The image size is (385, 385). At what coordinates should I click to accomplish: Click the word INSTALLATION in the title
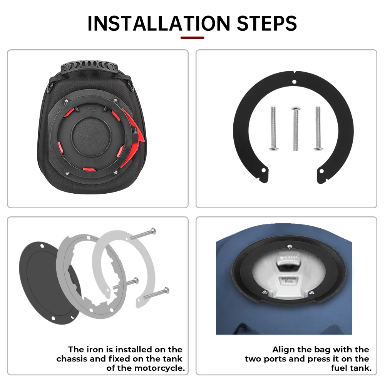pos(159,23)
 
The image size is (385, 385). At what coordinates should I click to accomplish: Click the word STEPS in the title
pos(267,23)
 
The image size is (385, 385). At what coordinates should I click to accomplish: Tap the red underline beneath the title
pos(192,38)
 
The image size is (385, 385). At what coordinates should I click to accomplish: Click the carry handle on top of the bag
pos(89,66)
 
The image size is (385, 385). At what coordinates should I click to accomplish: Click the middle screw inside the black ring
pos(296,129)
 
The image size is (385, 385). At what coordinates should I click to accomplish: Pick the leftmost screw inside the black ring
pos(273,128)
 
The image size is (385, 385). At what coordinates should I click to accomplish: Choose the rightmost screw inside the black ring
pos(318,128)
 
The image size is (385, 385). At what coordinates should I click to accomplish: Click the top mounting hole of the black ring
pos(294,82)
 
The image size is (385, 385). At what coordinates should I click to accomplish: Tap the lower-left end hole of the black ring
pos(264,170)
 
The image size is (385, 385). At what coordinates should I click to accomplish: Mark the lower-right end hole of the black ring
pos(321,171)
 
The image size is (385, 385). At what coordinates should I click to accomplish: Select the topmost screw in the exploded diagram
pos(143,234)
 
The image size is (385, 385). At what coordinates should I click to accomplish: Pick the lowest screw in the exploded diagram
pos(156,293)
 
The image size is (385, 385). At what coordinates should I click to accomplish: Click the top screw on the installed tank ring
pos(290,246)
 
